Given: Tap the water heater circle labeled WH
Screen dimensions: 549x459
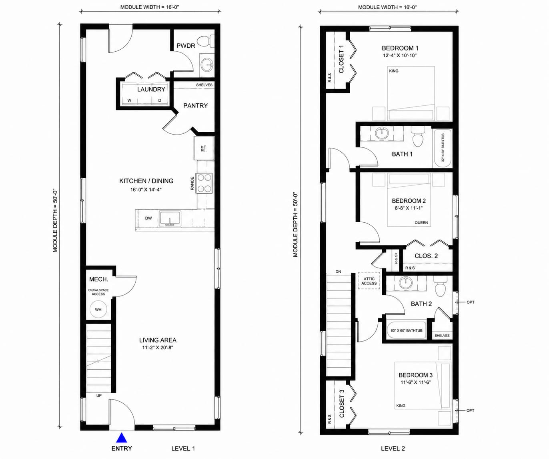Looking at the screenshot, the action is (x=98, y=310).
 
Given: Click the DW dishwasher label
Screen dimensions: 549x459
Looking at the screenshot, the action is (x=148, y=218).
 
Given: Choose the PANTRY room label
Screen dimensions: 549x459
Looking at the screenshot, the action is (x=195, y=106).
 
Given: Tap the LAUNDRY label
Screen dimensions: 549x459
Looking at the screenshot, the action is (x=151, y=89).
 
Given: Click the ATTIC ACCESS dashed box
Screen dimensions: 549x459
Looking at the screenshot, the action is (x=369, y=281).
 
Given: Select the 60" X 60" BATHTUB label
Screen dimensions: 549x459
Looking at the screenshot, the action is (x=407, y=330).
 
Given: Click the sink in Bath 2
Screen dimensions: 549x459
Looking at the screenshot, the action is (x=406, y=283).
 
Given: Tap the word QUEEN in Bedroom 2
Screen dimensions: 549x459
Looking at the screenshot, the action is (x=421, y=223).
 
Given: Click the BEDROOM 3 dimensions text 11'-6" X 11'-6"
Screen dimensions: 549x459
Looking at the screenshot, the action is (x=415, y=382).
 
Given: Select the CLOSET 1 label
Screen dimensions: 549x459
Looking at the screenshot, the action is (x=341, y=59).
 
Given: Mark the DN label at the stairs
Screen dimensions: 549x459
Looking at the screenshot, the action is (x=338, y=272).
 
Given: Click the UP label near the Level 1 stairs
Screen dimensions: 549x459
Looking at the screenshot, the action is (x=99, y=396).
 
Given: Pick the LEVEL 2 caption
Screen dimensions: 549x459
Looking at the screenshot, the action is (x=393, y=449).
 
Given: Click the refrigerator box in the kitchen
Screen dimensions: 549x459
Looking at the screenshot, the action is (x=204, y=148).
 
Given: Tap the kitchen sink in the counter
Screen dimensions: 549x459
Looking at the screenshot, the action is (x=170, y=218).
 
